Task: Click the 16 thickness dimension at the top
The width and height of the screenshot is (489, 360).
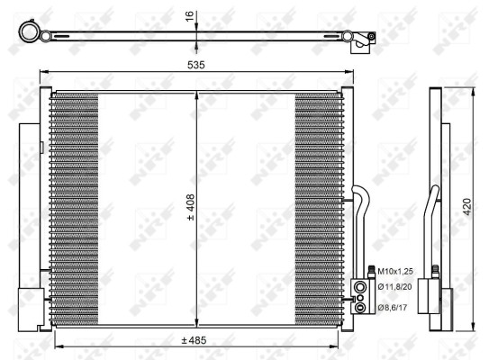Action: point(191,16)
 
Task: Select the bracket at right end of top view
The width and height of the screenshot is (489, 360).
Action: point(364,37)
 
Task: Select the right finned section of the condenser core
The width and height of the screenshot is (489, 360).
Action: point(317,207)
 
